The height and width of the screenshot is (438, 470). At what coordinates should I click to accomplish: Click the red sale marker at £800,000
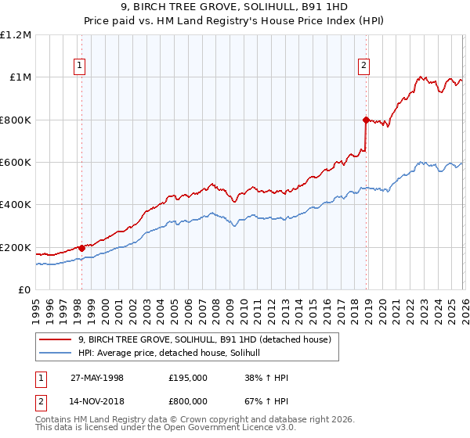click(366, 120)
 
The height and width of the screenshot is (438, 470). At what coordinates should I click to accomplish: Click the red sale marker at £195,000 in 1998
click(81, 248)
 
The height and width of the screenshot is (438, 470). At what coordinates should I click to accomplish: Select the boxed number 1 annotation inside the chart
click(81, 66)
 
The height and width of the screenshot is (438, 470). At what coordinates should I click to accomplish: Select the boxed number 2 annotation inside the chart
click(365, 66)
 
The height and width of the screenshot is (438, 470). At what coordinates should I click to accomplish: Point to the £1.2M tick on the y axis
click(16, 35)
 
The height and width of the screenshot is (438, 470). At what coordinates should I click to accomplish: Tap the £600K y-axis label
click(16, 163)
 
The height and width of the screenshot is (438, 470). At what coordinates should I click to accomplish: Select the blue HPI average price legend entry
click(174, 353)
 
